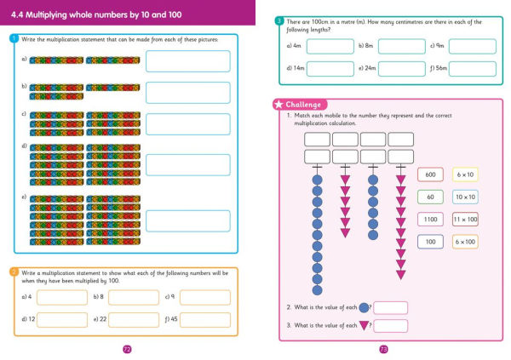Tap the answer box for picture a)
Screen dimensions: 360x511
pos(187,61)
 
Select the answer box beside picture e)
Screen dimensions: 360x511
pos(187,220)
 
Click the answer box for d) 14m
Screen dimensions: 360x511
pos(330,68)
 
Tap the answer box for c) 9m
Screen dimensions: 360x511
pos(472,46)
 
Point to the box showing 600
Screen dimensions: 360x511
pos(430,174)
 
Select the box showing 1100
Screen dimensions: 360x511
pos(430,220)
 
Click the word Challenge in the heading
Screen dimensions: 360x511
pos(303,105)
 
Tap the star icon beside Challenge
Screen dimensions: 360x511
pos(278,105)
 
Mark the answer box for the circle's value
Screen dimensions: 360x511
pos(390,307)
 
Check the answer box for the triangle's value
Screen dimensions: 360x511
pos(390,325)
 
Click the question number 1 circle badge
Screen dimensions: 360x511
pos(14,39)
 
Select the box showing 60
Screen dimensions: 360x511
pos(430,197)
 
